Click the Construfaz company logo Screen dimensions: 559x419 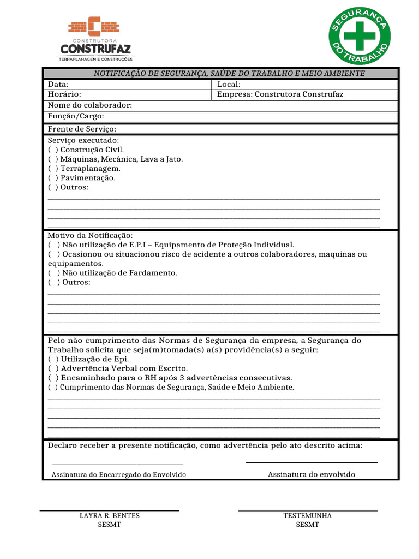point(95,38)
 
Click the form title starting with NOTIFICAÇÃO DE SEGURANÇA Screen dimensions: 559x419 point(229,74)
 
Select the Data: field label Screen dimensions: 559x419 point(58,85)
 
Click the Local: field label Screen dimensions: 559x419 point(229,85)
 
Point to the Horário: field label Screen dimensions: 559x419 point(64,94)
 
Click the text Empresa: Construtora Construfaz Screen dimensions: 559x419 point(280,94)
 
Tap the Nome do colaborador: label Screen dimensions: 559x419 point(90,105)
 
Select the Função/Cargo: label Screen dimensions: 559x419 point(76,116)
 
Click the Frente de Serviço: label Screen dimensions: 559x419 point(82,129)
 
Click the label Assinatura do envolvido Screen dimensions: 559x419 point(311,474)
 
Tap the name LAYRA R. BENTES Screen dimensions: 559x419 point(109,516)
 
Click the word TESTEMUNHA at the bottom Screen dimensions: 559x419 point(307,516)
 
